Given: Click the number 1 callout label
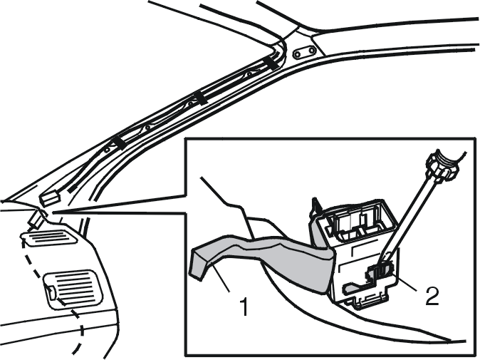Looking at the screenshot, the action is [244, 304].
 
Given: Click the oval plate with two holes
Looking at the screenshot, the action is [304, 53].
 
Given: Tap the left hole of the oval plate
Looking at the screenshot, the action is [297, 55].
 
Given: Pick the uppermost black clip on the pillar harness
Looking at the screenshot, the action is [272, 63].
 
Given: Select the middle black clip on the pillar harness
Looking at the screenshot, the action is [200, 98].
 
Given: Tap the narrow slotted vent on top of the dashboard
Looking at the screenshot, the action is [49, 237].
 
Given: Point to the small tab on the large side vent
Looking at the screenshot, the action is [51, 292].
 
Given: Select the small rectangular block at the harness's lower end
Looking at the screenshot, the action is [51, 198].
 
